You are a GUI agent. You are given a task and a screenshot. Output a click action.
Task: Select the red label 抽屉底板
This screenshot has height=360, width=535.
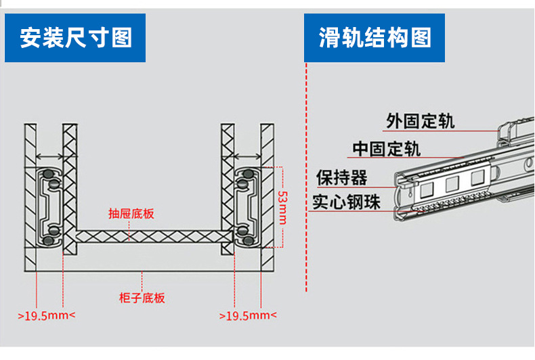pyautogui.click(x=131, y=215)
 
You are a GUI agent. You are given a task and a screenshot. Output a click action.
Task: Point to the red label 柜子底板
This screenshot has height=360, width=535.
pyautogui.click(x=142, y=298)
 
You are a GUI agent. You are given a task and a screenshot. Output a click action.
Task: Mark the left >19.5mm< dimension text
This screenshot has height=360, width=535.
pyautogui.click(x=47, y=315)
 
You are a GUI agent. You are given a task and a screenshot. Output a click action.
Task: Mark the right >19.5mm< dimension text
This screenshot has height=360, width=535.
pyautogui.click(x=248, y=315)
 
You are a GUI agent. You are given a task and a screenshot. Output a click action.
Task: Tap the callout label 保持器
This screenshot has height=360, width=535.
pyautogui.click(x=342, y=177)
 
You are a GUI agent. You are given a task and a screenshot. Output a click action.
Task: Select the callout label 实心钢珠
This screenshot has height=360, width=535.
pyautogui.click(x=346, y=202)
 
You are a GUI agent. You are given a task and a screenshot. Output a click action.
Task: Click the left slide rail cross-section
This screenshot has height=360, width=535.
pyautogui.click(x=51, y=207)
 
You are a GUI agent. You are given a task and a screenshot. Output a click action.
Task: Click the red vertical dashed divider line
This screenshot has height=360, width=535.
pyautogui.click(x=306, y=203)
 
